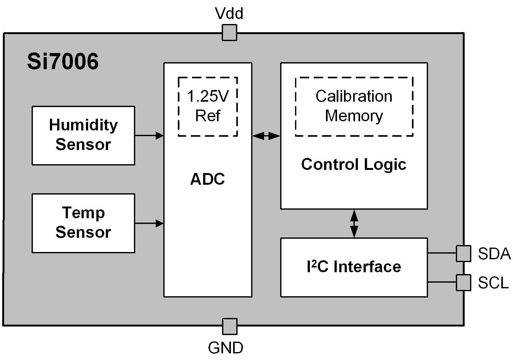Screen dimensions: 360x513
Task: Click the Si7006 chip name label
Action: tap(63, 61)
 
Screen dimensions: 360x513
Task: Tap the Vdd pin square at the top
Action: tap(229, 33)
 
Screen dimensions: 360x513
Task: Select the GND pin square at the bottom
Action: tap(229, 326)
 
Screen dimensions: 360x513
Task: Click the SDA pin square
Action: tap(463, 253)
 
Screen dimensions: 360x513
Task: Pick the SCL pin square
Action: tap(463, 282)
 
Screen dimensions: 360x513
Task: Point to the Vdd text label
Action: tap(229, 14)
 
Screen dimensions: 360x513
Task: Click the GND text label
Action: tap(226, 348)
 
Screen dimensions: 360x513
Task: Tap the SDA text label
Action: tap(494, 254)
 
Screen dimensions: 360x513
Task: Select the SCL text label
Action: tap(493, 283)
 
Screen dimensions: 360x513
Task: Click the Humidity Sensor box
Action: tap(83, 135)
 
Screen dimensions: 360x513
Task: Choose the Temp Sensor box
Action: tap(83, 223)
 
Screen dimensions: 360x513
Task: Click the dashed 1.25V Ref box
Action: tap(208, 106)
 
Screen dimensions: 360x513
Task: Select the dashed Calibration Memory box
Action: tap(354, 106)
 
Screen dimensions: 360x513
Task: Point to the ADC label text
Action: tap(208, 179)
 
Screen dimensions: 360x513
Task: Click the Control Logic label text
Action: tap(354, 164)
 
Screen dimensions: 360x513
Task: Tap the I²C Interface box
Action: tap(354, 267)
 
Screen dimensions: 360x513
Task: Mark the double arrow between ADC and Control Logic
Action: tap(266, 136)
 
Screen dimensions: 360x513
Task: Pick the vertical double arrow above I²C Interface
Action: tap(354, 224)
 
